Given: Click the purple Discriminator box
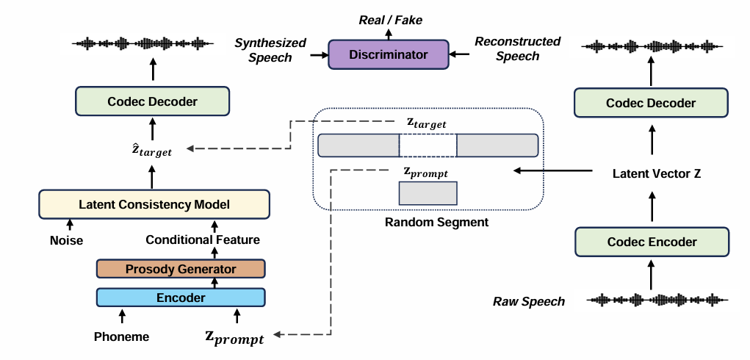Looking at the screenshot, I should [x=388, y=54].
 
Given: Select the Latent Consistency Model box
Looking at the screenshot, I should [x=154, y=204].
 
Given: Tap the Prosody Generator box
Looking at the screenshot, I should [x=181, y=269].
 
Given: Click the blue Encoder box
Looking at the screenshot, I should [x=181, y=298].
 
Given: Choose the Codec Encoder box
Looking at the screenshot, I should [x=651, y=241].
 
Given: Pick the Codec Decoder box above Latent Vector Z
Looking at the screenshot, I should [x=651, y=103].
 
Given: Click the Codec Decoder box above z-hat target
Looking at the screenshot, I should [x=153, y=101].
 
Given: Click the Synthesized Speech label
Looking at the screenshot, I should [x=270, y=50].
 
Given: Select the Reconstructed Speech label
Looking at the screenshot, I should [x=517, y=48].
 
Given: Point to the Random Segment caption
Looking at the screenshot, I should [x=426, y=222].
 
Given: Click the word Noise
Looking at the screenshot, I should [x=66, y=240].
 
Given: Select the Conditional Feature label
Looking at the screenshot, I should [x=203, y=240].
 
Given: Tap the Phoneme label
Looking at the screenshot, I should [x=122, y=337].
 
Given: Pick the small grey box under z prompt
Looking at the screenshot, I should [x=428, y=193].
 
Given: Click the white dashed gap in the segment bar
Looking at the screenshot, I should [x=428, y=145].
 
